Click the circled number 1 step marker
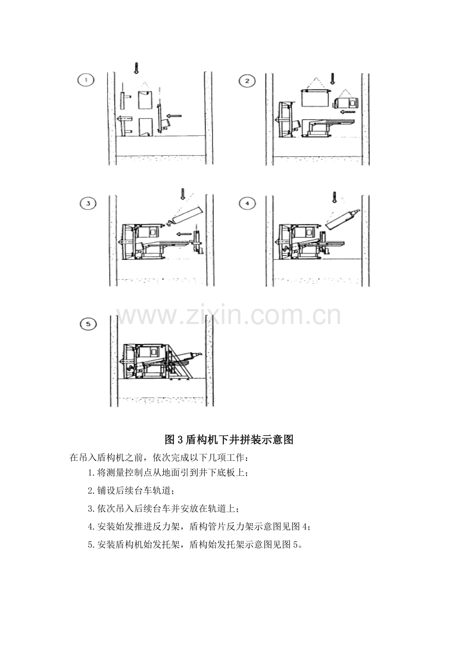point(86,80)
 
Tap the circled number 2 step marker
point(247,81)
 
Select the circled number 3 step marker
point(88,204)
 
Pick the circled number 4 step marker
point(247,204)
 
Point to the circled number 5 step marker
point(88,324)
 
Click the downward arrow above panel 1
point(136,68)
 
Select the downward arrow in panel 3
point(183,194)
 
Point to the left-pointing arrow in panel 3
point(184,234)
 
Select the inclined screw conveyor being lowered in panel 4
point(343,218)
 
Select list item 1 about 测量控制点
point(168,473)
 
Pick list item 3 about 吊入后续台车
point(163,509)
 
